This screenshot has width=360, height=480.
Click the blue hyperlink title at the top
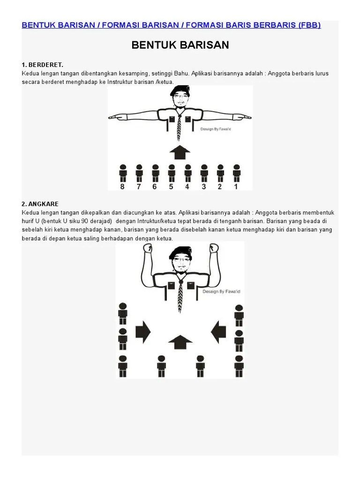click(171, 25)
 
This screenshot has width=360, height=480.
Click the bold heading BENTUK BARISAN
click(180, 45)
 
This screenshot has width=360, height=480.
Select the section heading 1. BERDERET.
click(42, 65)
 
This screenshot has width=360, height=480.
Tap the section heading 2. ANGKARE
click(40, 204)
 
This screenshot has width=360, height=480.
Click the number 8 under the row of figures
click(123, 186)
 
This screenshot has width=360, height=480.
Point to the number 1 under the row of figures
click(236, 186)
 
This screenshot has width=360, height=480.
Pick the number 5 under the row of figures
click(172, 186)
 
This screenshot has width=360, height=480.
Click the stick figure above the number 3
click(204, 172)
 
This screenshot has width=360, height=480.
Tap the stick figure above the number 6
click(155, 172)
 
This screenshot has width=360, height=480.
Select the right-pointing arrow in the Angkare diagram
click(143, 332)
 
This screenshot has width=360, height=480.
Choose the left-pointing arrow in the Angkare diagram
click(218, 332)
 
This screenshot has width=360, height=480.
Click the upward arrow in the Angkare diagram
click(180, 342)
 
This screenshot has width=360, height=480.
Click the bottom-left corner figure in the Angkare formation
click(123, 365)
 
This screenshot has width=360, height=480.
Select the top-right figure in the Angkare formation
click(239, 315)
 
